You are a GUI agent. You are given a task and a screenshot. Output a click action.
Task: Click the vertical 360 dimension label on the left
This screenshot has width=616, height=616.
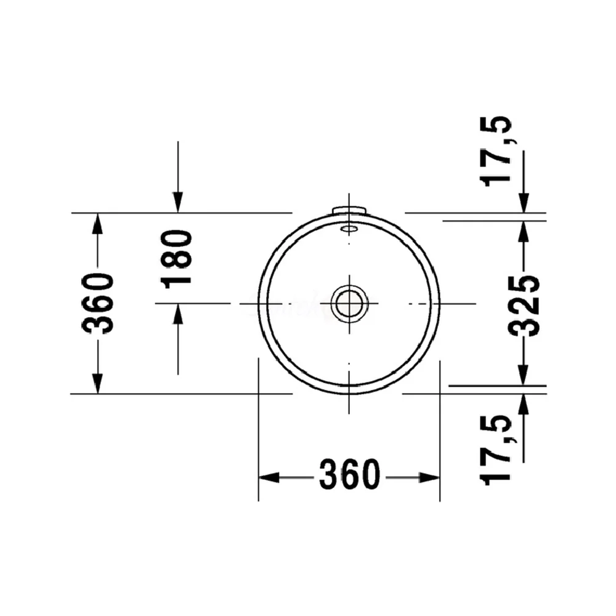[x=97, y=304]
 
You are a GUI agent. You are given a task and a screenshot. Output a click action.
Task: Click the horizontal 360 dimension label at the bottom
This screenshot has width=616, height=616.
[x=350, y=474]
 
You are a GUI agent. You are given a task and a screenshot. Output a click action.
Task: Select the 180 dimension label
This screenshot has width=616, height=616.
[x=177, y=260]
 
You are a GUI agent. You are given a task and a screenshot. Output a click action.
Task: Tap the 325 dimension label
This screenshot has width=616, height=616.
[x=524, y=306]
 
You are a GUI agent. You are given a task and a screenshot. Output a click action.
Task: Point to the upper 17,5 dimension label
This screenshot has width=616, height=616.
[x=495, y=152]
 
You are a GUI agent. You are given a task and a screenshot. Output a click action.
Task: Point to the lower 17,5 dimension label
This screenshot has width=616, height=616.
[x=495, y=450]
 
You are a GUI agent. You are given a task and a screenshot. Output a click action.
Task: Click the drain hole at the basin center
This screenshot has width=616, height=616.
[x=349, y=303]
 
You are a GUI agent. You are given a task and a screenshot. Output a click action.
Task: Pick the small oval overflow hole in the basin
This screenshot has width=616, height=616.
[x=349, y=229]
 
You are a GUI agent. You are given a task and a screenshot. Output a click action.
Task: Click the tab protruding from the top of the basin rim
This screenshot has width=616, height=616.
[x=349, y=210]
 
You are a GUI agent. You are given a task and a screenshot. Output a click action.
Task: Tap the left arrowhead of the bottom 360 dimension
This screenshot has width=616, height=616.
[x=269, y=478]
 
